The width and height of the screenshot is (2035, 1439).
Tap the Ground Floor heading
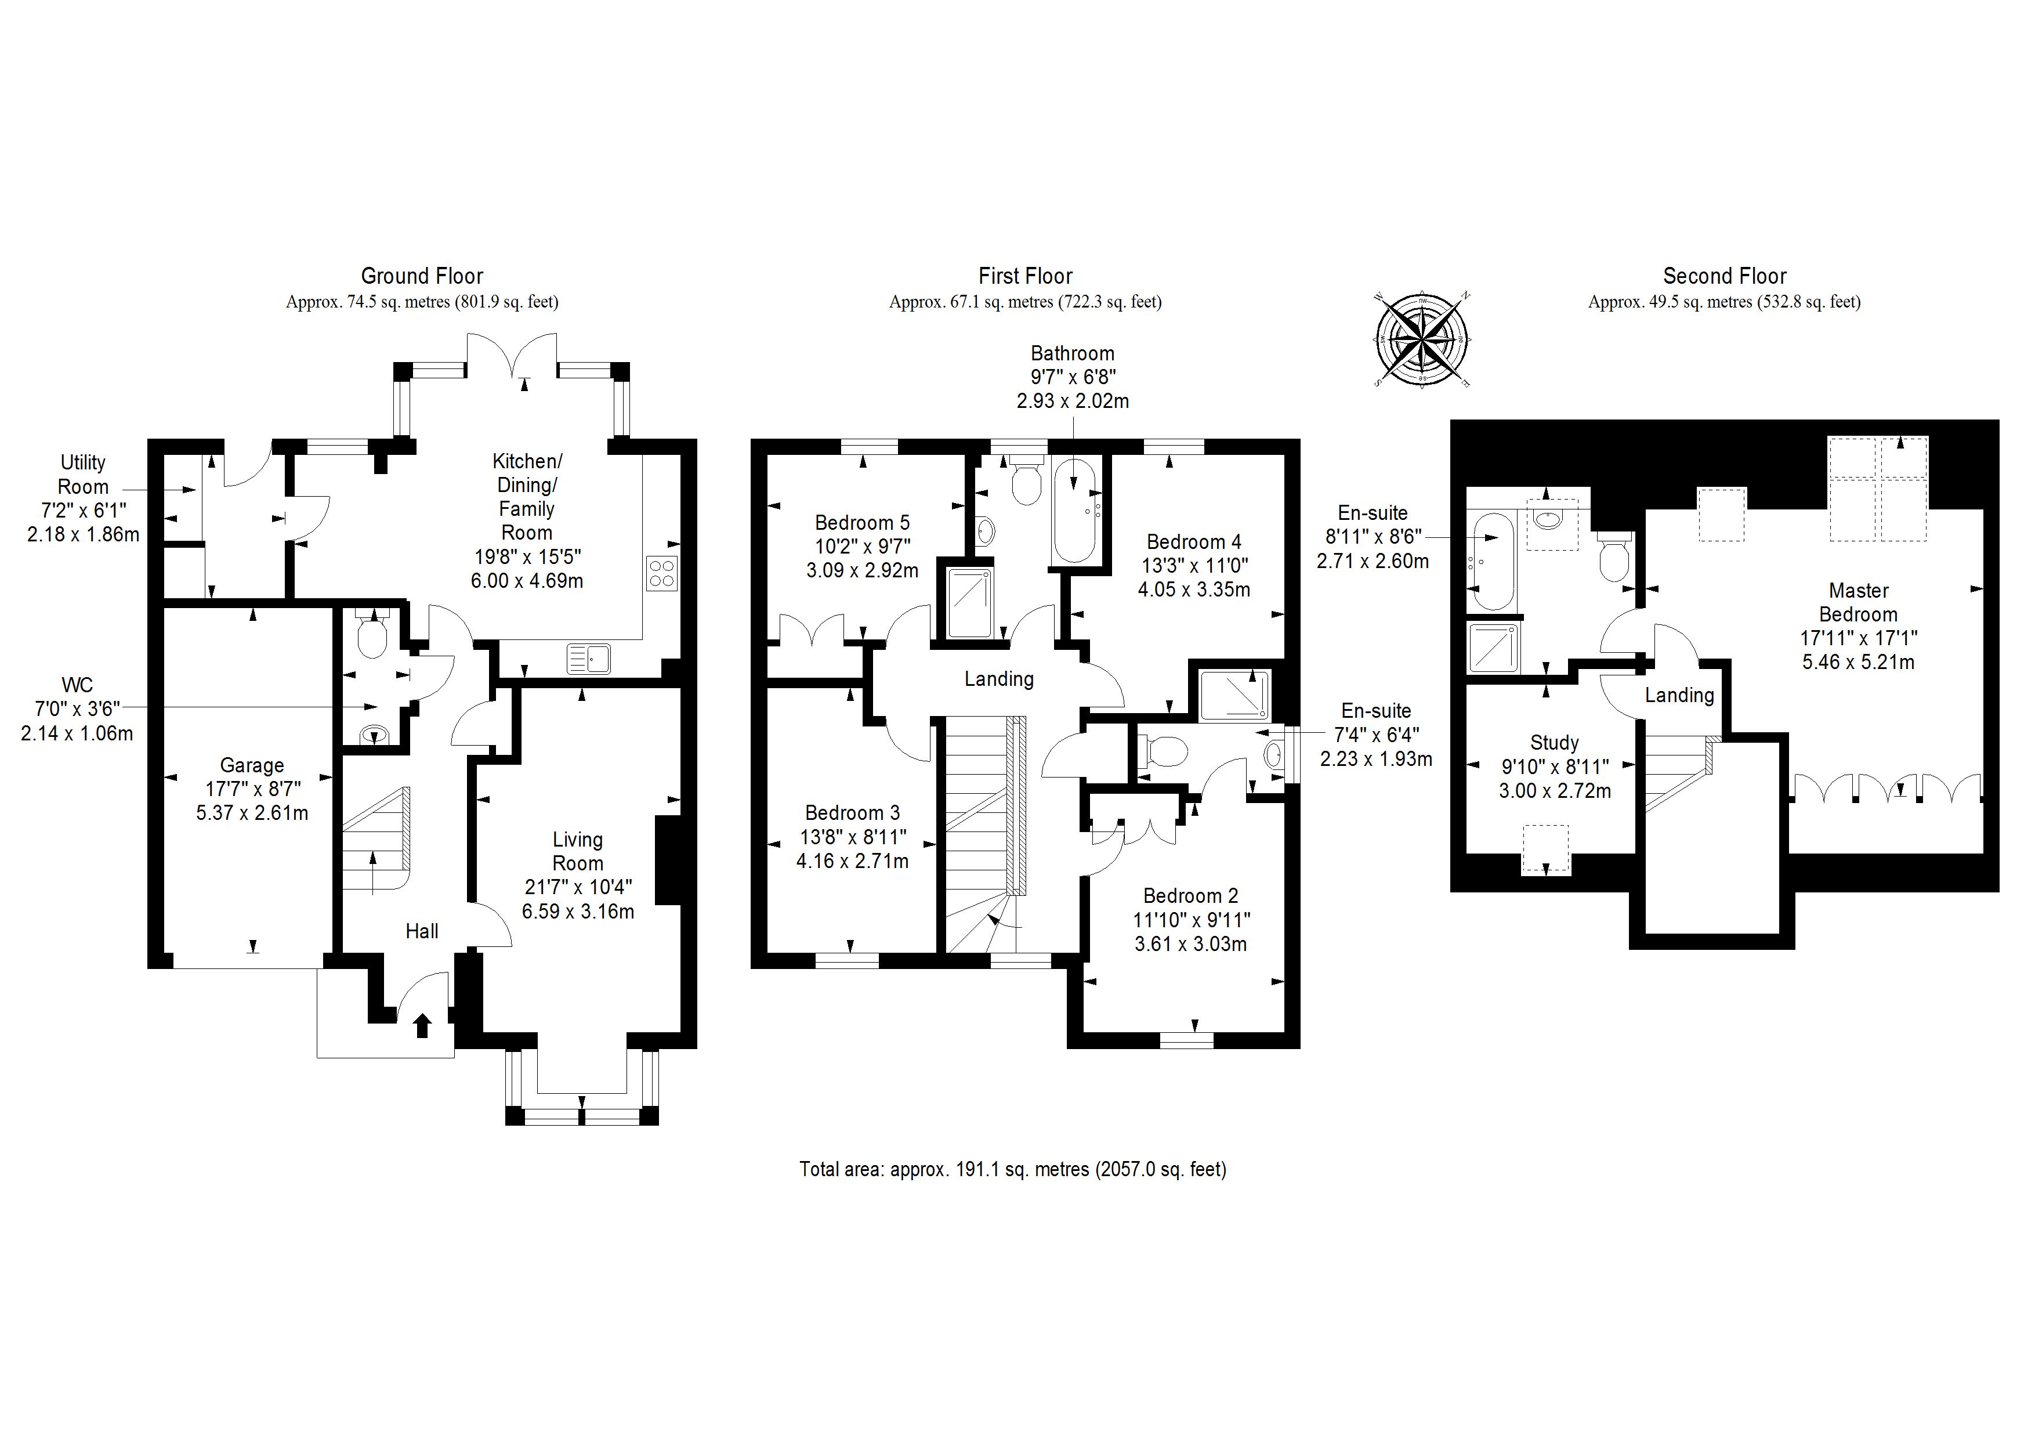(x=422, y=276)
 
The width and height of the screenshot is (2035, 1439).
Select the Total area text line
(x=1012, y=1169)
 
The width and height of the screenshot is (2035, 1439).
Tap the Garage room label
(x=252, y=765)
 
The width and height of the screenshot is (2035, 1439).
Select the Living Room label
(x=578, y=851)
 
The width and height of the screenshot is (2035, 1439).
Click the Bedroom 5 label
(x=861, y=522)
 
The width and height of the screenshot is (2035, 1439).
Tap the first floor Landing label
(x=999, y=679)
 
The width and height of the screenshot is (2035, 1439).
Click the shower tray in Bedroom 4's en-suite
(x=1234, y=694)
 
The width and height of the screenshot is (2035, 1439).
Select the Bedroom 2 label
(x=1190, y=895)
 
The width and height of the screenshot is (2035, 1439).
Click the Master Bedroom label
(x=1857, y=602)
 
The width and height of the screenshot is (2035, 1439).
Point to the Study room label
(x=1555, y=742)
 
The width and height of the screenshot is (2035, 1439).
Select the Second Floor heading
(x=1724, y=276)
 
